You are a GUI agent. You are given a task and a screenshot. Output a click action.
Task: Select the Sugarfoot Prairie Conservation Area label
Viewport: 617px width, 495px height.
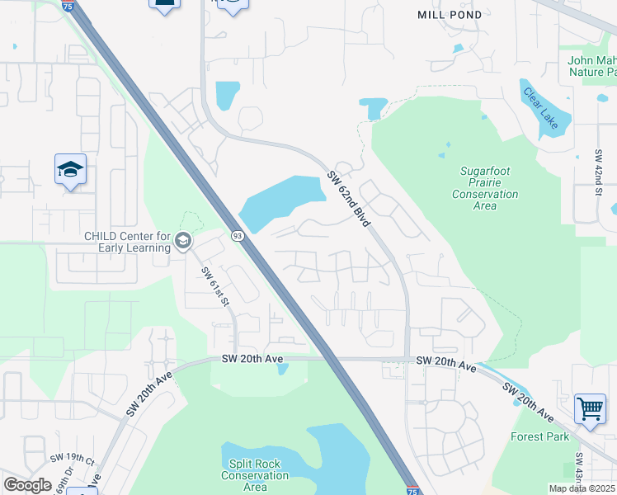coord(485,188)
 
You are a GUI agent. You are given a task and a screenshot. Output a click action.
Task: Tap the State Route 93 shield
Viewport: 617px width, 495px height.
coord(237,237)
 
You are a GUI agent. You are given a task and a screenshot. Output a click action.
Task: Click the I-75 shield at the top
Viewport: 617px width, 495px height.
coord(67,5)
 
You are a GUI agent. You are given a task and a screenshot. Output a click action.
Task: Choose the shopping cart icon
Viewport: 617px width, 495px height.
coord(590,408)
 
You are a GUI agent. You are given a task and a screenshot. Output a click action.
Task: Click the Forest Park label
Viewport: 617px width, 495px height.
coord(539,436)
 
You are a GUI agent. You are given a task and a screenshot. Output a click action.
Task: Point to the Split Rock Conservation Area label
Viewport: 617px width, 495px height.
coord(255,475)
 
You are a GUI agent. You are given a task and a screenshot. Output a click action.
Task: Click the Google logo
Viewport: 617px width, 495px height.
coord(27,485)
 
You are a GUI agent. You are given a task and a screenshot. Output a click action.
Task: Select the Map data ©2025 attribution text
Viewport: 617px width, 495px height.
coord(582,488)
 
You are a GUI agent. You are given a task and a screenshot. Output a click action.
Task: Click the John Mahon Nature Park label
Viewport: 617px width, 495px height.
coord(591,66)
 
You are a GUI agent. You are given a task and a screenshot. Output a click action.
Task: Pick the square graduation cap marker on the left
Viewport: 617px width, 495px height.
coord(71,170)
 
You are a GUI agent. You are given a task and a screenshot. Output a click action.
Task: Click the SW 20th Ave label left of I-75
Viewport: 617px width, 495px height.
coord(253,358)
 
